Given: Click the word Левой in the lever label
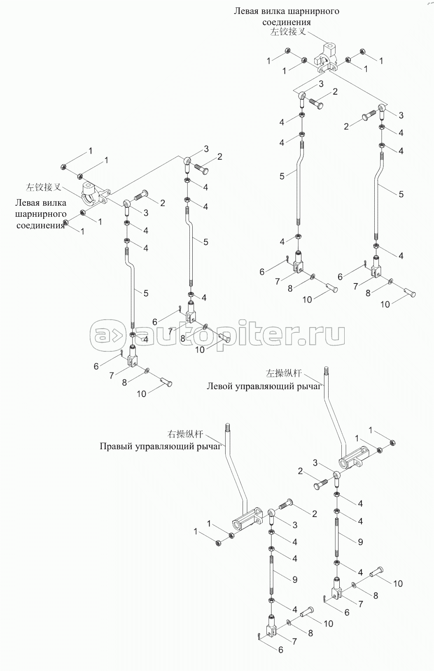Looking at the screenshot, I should [219, 386].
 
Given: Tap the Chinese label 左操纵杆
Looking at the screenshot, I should [284, 374].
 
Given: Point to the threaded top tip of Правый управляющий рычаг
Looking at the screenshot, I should [226, 427].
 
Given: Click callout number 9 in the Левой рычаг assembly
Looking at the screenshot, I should [360, 542].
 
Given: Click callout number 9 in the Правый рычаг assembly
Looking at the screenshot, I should [295, 580].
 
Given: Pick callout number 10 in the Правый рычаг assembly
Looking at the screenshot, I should [328, 624].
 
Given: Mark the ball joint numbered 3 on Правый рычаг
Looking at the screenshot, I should [272, 514].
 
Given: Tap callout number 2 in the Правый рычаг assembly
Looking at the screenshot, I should [314, 514].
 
